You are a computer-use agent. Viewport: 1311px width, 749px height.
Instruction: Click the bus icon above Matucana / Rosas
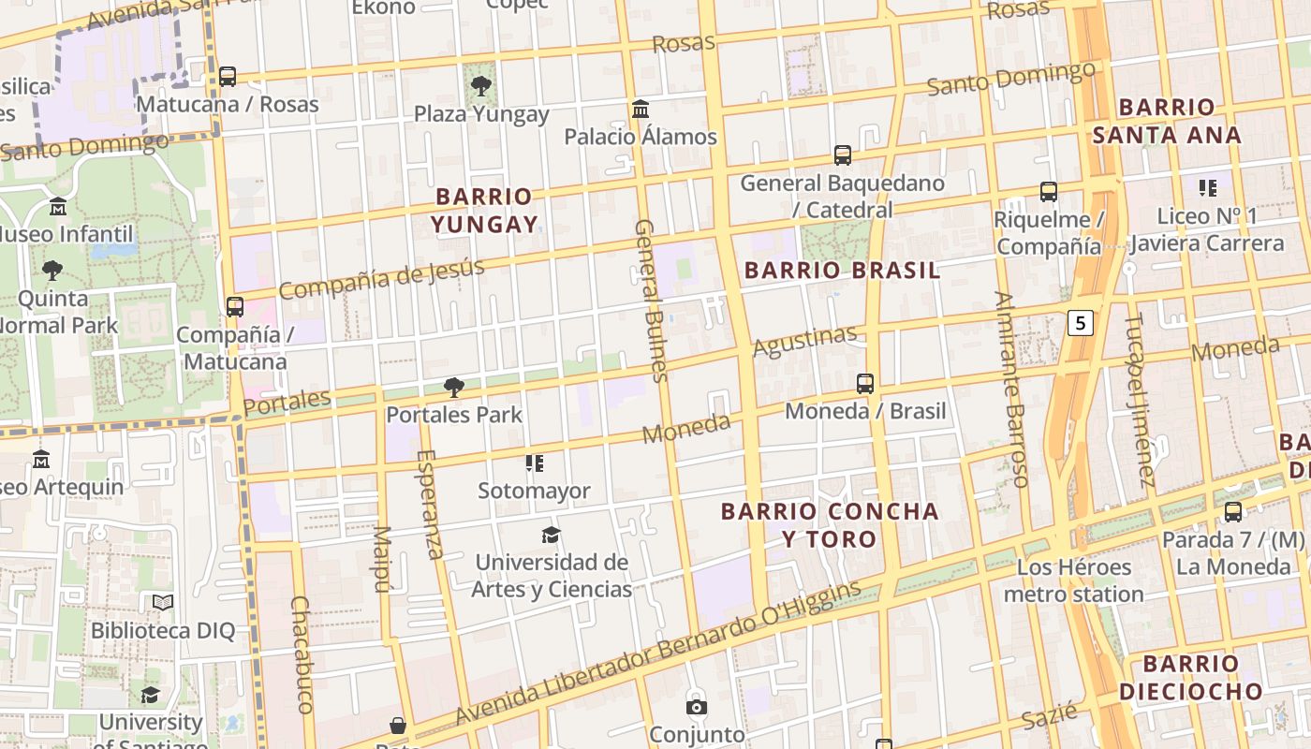click(x=228, y=77)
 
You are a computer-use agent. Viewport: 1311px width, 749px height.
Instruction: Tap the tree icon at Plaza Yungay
click(x=481, y=86)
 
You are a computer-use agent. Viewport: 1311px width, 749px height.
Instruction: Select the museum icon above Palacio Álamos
click(x=641, y=110)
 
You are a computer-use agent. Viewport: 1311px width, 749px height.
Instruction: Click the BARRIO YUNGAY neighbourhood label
click(x=484, y=211)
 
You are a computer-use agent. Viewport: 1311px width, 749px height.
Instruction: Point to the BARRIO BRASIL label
click(x=842, y=272)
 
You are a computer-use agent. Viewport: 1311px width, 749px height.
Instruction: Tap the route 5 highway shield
click(x=1081, y=324)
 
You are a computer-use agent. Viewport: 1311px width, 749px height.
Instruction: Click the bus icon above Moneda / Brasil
click(x=865, y=384)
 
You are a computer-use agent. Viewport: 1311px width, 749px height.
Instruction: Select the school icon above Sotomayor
click(x=535, y=463)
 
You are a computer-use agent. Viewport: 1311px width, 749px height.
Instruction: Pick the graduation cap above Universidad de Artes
click(x=551, y=536)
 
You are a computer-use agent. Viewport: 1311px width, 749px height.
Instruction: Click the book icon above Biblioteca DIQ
click(x=163, y=603)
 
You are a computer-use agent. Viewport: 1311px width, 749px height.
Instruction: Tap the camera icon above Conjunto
click(x=696, y=707)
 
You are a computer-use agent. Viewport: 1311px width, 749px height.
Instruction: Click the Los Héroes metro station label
click(x=1073, y=580)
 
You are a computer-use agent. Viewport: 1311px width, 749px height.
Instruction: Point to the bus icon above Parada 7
click(x=1233, y=512)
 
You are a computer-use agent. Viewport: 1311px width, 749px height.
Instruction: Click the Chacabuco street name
click(x=301, y=654)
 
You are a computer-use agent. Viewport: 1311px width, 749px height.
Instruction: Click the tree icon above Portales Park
click(x=454, y=388)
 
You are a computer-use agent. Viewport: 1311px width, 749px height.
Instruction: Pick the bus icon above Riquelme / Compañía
click(x=1049, y=192)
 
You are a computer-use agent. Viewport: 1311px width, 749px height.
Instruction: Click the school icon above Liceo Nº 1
click(x=1208, y=188)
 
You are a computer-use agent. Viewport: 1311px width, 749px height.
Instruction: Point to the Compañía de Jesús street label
click(x=381, y=279)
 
